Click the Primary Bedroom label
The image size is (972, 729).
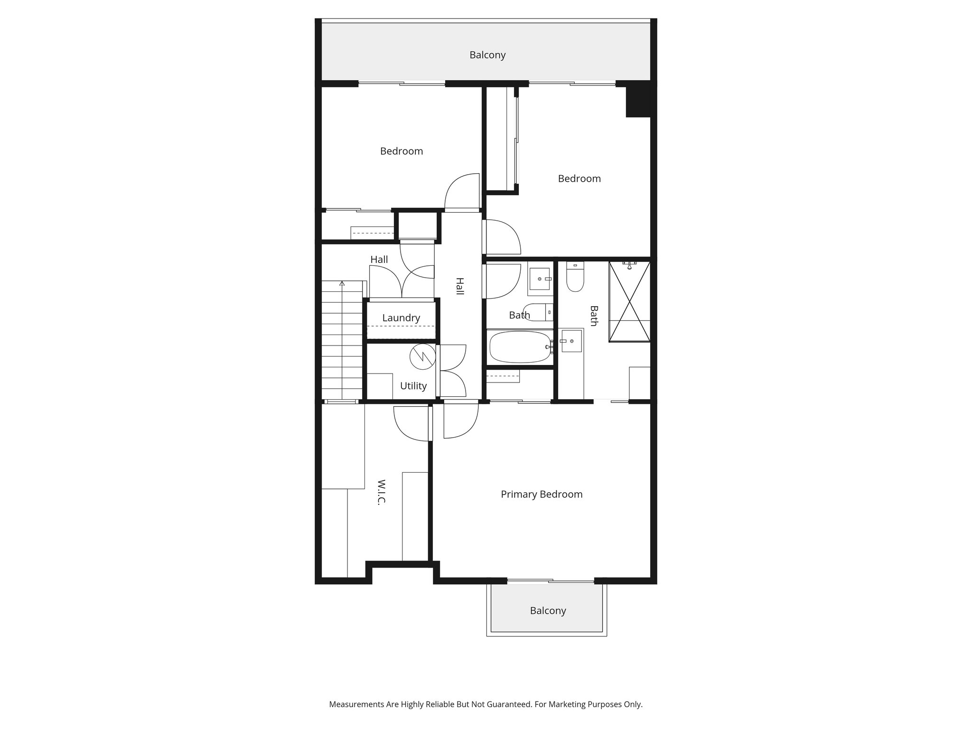tap(542, 494)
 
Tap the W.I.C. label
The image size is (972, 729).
tap(381, 492)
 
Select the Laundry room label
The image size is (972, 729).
tap(401, 318)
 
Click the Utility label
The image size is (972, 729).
tap(413, 386)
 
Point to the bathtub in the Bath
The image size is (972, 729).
tap(520, 347)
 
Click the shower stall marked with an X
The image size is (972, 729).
tap(629, 301)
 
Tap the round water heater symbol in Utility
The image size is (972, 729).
tap(422, 356)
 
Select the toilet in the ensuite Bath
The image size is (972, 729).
tap(575, 280)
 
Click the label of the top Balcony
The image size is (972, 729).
tap(487, 55)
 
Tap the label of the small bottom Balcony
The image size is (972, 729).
tap(548, 610)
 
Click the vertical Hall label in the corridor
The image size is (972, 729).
tap(459, 286)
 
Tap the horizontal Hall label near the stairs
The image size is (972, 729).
tap(379, 260)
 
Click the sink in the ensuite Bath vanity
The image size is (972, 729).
tap(571, 341)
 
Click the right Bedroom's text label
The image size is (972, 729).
tap(579, 178)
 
